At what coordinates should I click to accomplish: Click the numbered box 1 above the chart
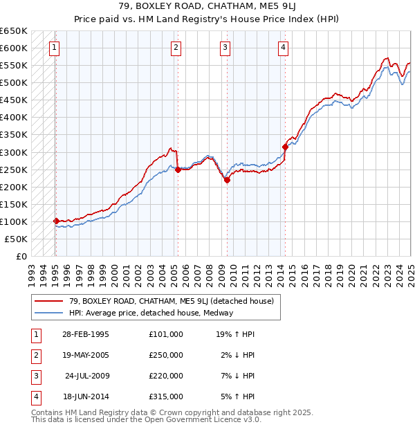coord(54,48)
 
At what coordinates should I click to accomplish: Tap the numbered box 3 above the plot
coord(225,48)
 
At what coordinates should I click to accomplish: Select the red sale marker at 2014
coord(285,146)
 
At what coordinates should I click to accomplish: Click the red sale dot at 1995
coord(56,221)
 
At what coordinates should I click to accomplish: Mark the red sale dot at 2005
coord(178,169)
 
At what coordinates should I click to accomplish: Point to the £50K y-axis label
coord(16,239)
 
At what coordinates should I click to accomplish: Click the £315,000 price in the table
coord(166,397)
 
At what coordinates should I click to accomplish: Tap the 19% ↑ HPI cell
coord(235,334)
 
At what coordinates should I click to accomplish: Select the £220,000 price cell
coord(166,376)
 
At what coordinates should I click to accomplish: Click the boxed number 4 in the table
coord(35,397)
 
